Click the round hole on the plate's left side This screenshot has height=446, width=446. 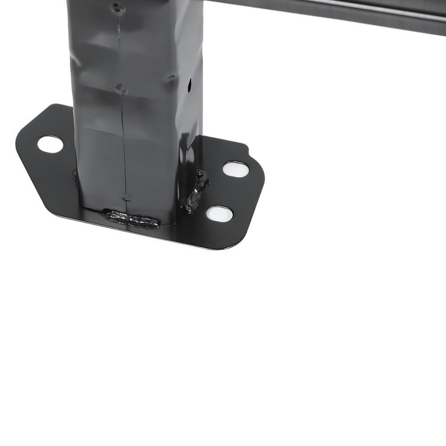(x=50, y=144)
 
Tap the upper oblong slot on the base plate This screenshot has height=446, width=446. (x=236, y=169)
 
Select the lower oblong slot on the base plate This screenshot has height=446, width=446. (x=219, y=213)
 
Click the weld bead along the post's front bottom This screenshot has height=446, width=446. (x=131, y=219)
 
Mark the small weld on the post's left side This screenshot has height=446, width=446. (x=74, y=174)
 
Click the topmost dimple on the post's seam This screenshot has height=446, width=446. (x=117, y=8)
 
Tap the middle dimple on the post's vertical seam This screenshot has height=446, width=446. (x=121, y=89)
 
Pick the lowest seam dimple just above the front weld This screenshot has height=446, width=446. (x=126, y=197)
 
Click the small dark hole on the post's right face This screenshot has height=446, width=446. (x=190, y=85)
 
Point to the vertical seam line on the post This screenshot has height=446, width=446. (x=123, y=139)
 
